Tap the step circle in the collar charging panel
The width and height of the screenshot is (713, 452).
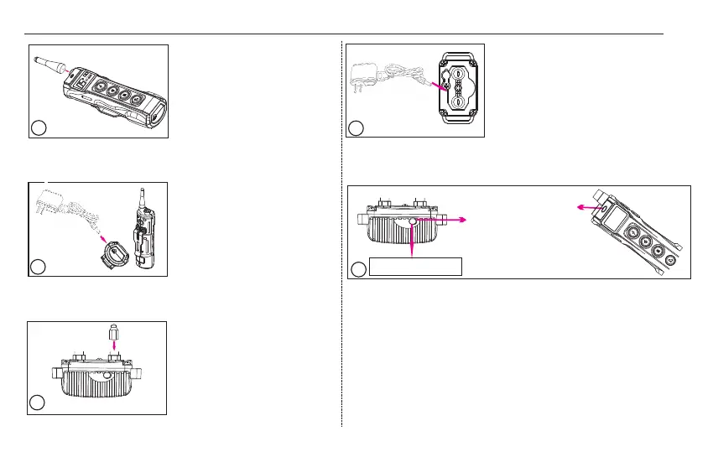(x=356, y=128)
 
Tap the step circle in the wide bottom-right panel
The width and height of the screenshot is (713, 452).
(x=358, y=269)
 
